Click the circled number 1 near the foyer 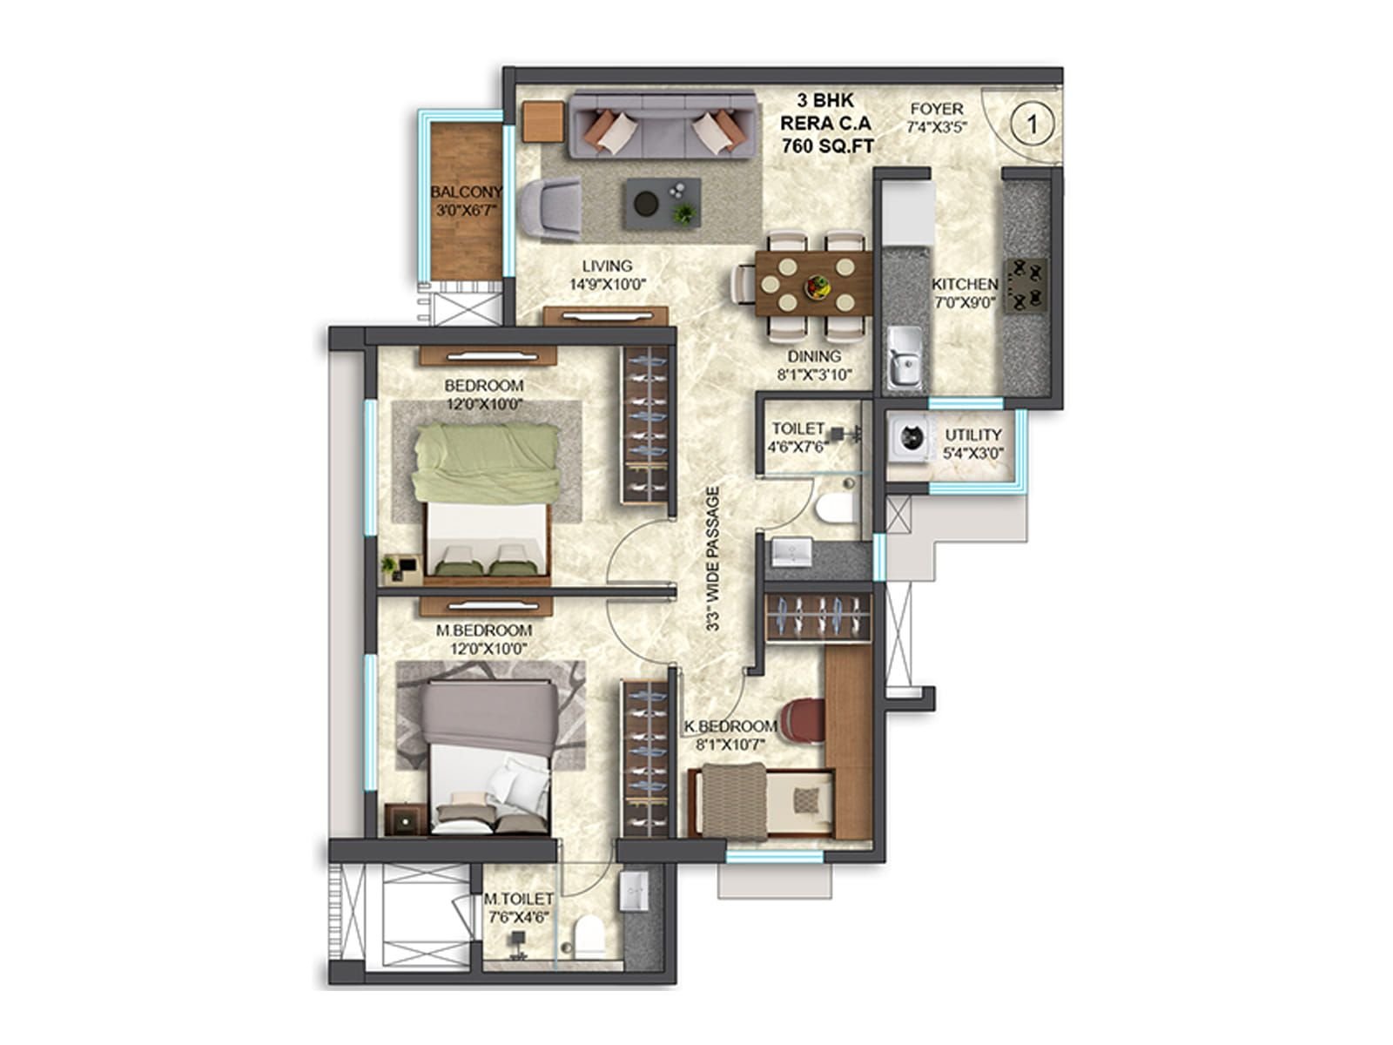pos(1032,124)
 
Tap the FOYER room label pos(936,109)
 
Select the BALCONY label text pos(467,192)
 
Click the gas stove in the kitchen pos(1024,287)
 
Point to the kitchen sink pos(905,357)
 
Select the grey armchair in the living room pos(549,209)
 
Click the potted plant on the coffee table pos(685,214)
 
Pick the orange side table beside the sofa pos(543,122)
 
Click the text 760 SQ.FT pos(827,146)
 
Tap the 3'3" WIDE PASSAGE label pos(713,559)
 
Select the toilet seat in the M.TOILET pos(589,934)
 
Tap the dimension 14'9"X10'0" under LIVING pos(608,284)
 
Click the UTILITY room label pos(972,435)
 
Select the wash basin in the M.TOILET pos(635,892)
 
